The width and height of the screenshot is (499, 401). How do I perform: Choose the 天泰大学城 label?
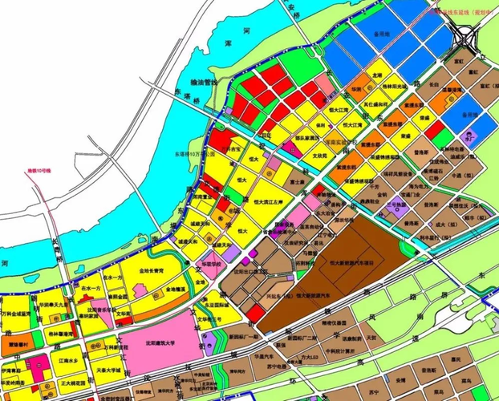point(108,371)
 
